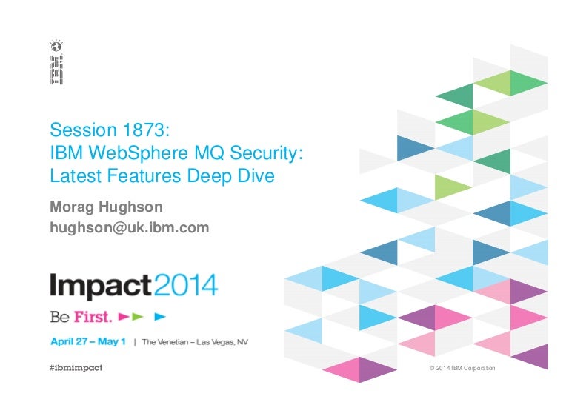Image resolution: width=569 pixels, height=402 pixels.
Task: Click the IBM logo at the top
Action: tap(56, 70)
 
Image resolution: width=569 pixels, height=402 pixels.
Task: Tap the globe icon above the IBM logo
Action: tap(56, 47)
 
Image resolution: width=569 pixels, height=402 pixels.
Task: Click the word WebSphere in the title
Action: tap(139, 153)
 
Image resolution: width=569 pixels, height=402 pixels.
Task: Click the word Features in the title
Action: tap(144, 176)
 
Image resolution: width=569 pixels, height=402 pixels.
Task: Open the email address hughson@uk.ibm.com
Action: tap(130, 228)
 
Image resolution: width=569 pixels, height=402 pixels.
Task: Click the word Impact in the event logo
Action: tap(101, 287)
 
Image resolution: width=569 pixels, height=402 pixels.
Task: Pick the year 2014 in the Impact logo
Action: tap(186, 285)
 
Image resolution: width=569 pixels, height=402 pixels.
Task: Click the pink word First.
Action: tap(93, 317)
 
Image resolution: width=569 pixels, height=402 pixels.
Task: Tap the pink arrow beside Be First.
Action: tap(124, 317)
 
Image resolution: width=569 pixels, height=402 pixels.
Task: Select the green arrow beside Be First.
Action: tap(138, 317)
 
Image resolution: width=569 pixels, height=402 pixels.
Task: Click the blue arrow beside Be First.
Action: tap(160, 317)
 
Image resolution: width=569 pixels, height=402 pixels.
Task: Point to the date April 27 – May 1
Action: tap(88, 341)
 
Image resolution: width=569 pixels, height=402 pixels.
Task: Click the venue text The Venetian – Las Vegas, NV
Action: tap(196, 342)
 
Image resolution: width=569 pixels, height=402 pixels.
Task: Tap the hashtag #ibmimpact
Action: tap(76, 368)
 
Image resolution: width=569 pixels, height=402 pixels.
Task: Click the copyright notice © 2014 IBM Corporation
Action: tap(462, 368)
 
